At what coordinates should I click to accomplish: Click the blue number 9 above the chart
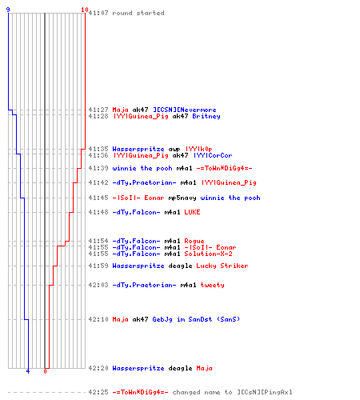(x=8, y=10)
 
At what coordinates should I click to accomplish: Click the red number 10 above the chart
(x=85, y=10)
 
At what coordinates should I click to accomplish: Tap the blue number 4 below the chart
(x=28, y=371)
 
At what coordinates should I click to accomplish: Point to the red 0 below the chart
(x=45, y=371)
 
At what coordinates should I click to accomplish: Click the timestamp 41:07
(x=98, y=13)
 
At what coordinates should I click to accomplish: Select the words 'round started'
(x=138, y=13)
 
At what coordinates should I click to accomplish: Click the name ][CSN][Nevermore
(x=184, y=110)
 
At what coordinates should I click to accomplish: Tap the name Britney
(x=206, y=116)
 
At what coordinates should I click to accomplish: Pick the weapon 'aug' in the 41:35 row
(x=174, y=149)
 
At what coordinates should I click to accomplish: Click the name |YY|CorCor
(x=213, y=155)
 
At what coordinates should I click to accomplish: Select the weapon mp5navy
(x=182, y=198)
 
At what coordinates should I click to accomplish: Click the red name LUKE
(x=192, y=212)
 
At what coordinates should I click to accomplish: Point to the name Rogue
(x=194, y=241)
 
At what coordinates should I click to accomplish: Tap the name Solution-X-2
(x=208, y=254)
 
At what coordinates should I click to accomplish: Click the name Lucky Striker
(x=222, y=266)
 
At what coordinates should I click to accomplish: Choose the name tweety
(x=212, y=285)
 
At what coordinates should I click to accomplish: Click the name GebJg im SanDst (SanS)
(x=196, y=319)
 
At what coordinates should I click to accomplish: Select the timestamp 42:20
(x=98, y=368)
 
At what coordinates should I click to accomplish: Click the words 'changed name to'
(x=202, y=392)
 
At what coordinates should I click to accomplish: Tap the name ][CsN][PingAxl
(x=265, y=392)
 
